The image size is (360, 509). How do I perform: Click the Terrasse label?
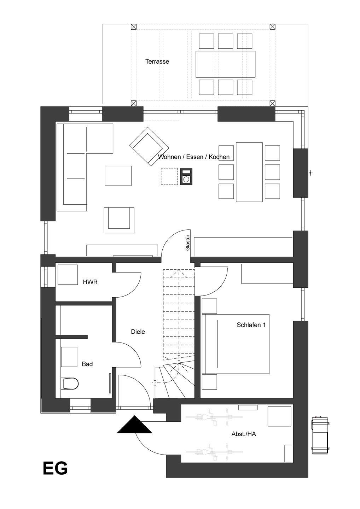click(x=157, y=62)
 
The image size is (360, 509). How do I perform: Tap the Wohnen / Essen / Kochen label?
click(x=194, y=157)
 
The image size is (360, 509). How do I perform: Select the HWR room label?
click(x=90, y=282)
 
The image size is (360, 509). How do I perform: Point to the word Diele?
click(x=138, y=332)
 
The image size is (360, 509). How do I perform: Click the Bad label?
click(x=87, y=364)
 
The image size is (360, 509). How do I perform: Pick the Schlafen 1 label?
click(x=251, y=325)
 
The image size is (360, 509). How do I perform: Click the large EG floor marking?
click(x=55, y=468)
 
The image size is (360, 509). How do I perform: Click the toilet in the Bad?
click(x=70, y=383)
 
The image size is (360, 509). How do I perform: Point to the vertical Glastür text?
click(x=187, y=242)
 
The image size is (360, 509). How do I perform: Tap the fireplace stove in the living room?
click(x=186, y=177)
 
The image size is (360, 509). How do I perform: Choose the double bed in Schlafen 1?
click(x=236, y=344)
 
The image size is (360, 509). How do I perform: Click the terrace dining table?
click(x=225, y=64)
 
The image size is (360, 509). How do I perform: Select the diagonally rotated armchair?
click(x=149, y=147)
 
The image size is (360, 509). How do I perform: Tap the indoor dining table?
click(x=249, y=172)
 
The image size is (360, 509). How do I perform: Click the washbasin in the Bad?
click(x=69, y=357)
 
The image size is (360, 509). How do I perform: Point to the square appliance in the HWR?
click(x=68, y=275)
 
